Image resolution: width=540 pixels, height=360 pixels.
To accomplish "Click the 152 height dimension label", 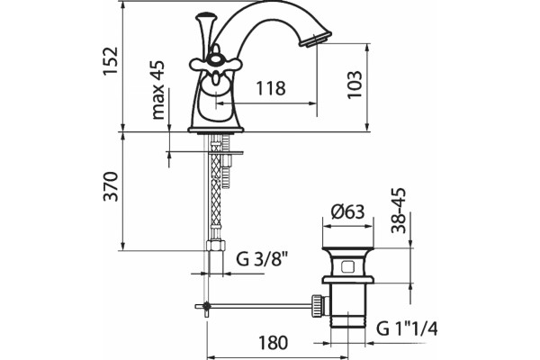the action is (111, 61).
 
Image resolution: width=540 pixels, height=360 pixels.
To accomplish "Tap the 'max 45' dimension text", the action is (158, 90).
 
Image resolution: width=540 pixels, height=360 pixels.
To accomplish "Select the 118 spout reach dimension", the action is (271, 88).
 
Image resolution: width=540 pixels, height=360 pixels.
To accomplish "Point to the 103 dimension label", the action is (355, 85).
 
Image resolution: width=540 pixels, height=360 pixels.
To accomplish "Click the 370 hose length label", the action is (112, 186).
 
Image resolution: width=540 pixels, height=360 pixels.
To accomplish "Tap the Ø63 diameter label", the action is (347, 211).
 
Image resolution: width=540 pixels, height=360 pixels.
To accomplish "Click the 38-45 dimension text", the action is (399, 211).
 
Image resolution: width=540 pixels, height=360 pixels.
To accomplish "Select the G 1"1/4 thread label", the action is (407, 328).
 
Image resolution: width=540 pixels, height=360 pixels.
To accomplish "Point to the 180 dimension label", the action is (273, 342).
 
